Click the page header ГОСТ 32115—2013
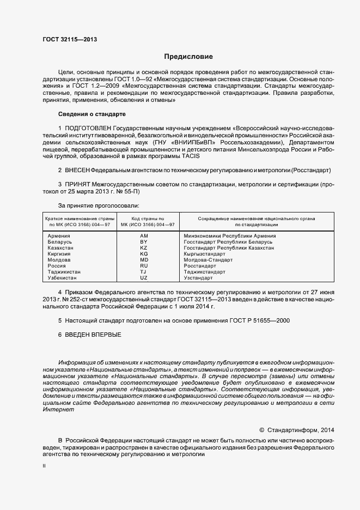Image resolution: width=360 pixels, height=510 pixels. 70,39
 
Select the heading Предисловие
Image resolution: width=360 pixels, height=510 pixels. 188,57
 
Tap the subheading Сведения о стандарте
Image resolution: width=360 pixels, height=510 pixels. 92,114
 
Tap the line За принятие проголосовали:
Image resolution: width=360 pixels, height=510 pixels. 99,205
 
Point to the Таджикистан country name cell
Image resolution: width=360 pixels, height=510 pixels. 64,272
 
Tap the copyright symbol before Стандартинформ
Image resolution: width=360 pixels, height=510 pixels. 262,429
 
